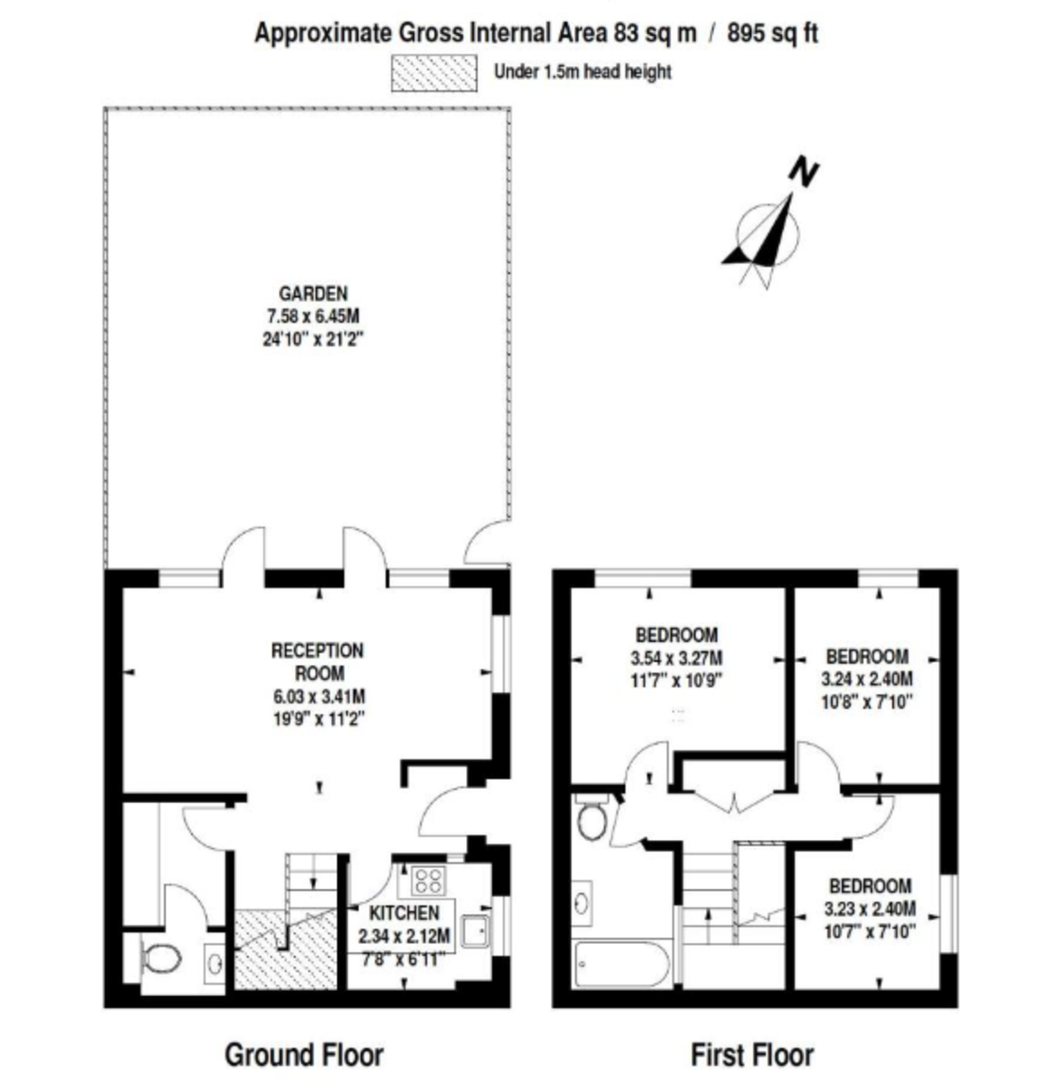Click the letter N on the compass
(x=803, y=173)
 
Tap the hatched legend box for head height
(x=433, y=73)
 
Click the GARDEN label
(x=313, y=294)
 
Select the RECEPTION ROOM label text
(x=318, y=661)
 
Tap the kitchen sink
(x=476, y=930)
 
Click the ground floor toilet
(x=161, y=959)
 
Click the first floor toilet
(x=590, y=818)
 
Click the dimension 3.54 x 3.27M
(x=676, y=659)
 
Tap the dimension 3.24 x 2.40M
(x=867, y=679)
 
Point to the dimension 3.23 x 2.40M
(x=869, y=909)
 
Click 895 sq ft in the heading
(x=772, y=33)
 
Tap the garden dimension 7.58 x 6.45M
(x=313, y=316)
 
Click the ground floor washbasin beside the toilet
(x=215, y=962)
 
